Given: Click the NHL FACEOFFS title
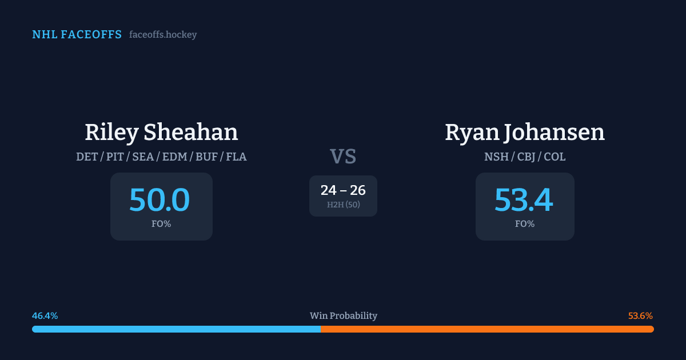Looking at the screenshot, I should click(77, 35).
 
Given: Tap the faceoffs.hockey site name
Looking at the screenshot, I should click(163, 35).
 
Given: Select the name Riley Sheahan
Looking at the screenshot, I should click(161, 133).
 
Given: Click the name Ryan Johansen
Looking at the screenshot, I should click(524, 133).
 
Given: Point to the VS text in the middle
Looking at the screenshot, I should click(343, 157).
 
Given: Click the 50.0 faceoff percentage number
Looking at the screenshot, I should click(159, 200).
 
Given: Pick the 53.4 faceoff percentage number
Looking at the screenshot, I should click(524, 200).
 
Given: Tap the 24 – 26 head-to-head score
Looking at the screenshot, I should click(343, 190).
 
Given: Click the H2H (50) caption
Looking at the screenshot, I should click(343, 205).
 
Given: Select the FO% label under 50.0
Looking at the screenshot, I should click(161, 224).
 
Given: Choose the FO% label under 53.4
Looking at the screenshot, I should click(525, 224).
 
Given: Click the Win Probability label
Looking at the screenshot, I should click(343, 316).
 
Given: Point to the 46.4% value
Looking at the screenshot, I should click(45, 316).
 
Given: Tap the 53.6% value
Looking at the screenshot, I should click(640, 316).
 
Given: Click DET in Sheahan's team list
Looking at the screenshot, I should click(87, 157).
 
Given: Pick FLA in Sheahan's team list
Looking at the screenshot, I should click(236, 157).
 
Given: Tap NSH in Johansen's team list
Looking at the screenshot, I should click(496, 157).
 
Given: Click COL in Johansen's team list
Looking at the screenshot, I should click(555, 157).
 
